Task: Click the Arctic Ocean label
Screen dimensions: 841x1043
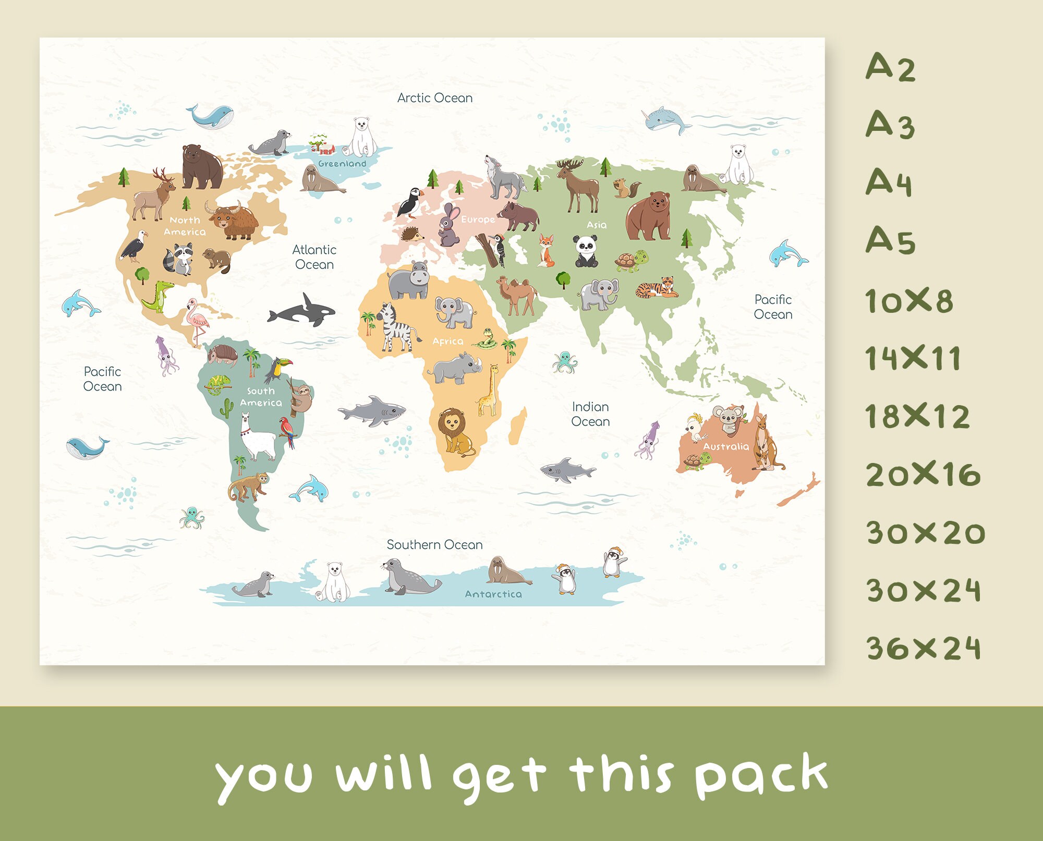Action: coord(434,98)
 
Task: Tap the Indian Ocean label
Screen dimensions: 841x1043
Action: coord(590,414)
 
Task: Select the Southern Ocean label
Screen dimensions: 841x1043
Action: coord(434,545)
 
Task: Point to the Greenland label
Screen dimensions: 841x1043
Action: coord(342,164)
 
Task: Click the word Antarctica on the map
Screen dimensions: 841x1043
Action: coord(493,594)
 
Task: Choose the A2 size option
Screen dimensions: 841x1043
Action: coord(890,68)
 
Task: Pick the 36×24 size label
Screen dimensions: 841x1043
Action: coord(923,648)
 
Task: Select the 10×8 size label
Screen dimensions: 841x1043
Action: coord(908,301)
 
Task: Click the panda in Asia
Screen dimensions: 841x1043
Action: coord(586,251)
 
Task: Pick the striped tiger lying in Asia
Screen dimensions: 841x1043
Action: coord(657,288)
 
